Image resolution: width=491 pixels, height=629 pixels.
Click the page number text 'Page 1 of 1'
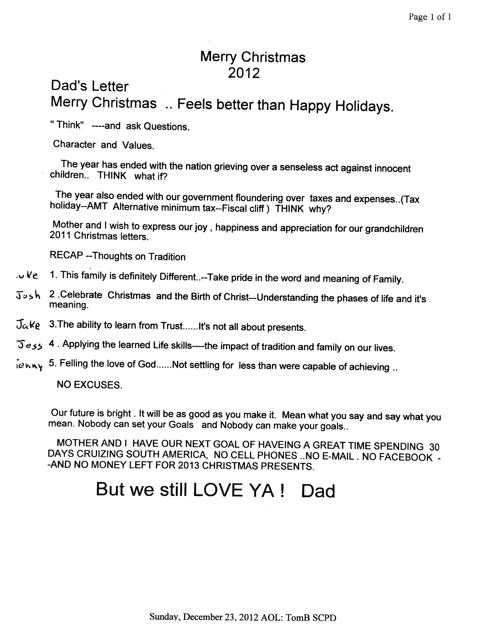429,17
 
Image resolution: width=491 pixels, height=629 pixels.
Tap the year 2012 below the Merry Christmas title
243,73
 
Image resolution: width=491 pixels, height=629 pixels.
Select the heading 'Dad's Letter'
89,86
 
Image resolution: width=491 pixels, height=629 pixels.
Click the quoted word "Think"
67,125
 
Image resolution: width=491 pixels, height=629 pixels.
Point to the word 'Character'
74,144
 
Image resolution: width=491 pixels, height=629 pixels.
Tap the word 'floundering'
270,198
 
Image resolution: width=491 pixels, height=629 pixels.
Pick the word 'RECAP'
66,255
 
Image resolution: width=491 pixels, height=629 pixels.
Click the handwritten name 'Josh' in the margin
28,295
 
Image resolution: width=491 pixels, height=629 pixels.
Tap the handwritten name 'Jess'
29,345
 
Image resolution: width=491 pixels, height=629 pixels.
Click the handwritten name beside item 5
29,366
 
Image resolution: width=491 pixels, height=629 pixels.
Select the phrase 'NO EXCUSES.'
89,385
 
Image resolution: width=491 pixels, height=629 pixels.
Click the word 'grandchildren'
394,229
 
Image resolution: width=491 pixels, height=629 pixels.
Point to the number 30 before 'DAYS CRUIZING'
434,447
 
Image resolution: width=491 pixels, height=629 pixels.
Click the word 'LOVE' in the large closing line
218,490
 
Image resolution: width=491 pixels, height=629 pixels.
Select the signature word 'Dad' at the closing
318,491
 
